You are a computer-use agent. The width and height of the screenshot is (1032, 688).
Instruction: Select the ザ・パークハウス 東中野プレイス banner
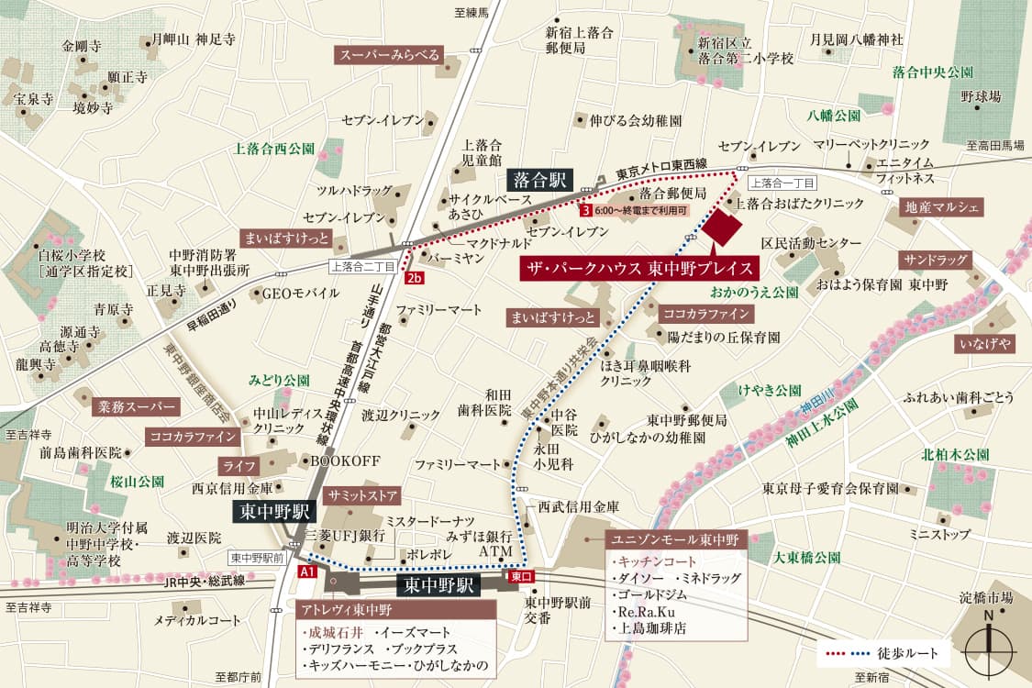tap(640, 269)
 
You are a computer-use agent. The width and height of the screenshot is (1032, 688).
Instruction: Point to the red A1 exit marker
tap(308, 571)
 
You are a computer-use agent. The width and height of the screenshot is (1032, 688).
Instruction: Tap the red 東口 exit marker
tap(519, 577)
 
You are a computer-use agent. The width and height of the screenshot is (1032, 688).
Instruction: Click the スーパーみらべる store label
tap(390, 55)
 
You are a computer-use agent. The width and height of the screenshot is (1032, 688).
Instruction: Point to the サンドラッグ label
tap(935, 260)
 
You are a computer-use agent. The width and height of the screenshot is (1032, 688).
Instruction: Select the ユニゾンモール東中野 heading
tap(676, 539)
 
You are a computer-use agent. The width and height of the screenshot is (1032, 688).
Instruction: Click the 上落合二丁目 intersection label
tap(363, 266)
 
